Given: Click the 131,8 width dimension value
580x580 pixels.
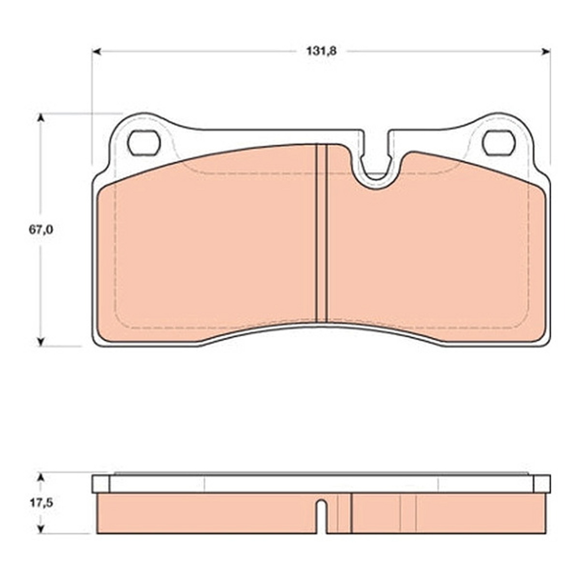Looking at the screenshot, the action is pos(321,51).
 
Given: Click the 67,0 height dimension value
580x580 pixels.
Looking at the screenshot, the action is pos(41,230).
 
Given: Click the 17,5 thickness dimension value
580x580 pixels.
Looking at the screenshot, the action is pos(41,503).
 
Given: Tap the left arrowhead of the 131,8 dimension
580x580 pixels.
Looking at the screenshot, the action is pos(96,52).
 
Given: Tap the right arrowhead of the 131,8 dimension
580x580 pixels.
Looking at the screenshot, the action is pos(546,52).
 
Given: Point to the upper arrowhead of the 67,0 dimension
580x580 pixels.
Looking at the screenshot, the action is pos(41,118).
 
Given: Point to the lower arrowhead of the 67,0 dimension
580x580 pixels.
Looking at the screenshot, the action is pos(41,342).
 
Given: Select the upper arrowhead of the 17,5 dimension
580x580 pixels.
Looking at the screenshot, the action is pos(41,479).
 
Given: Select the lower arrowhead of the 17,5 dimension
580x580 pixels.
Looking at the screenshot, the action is pos(41,529).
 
